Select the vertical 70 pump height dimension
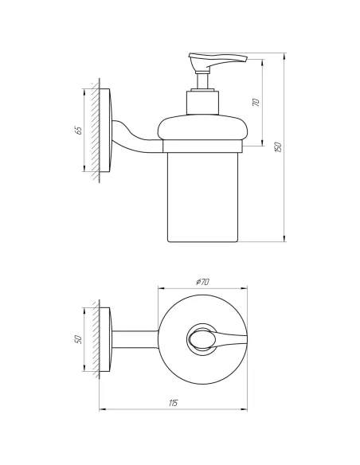[256, 102]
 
